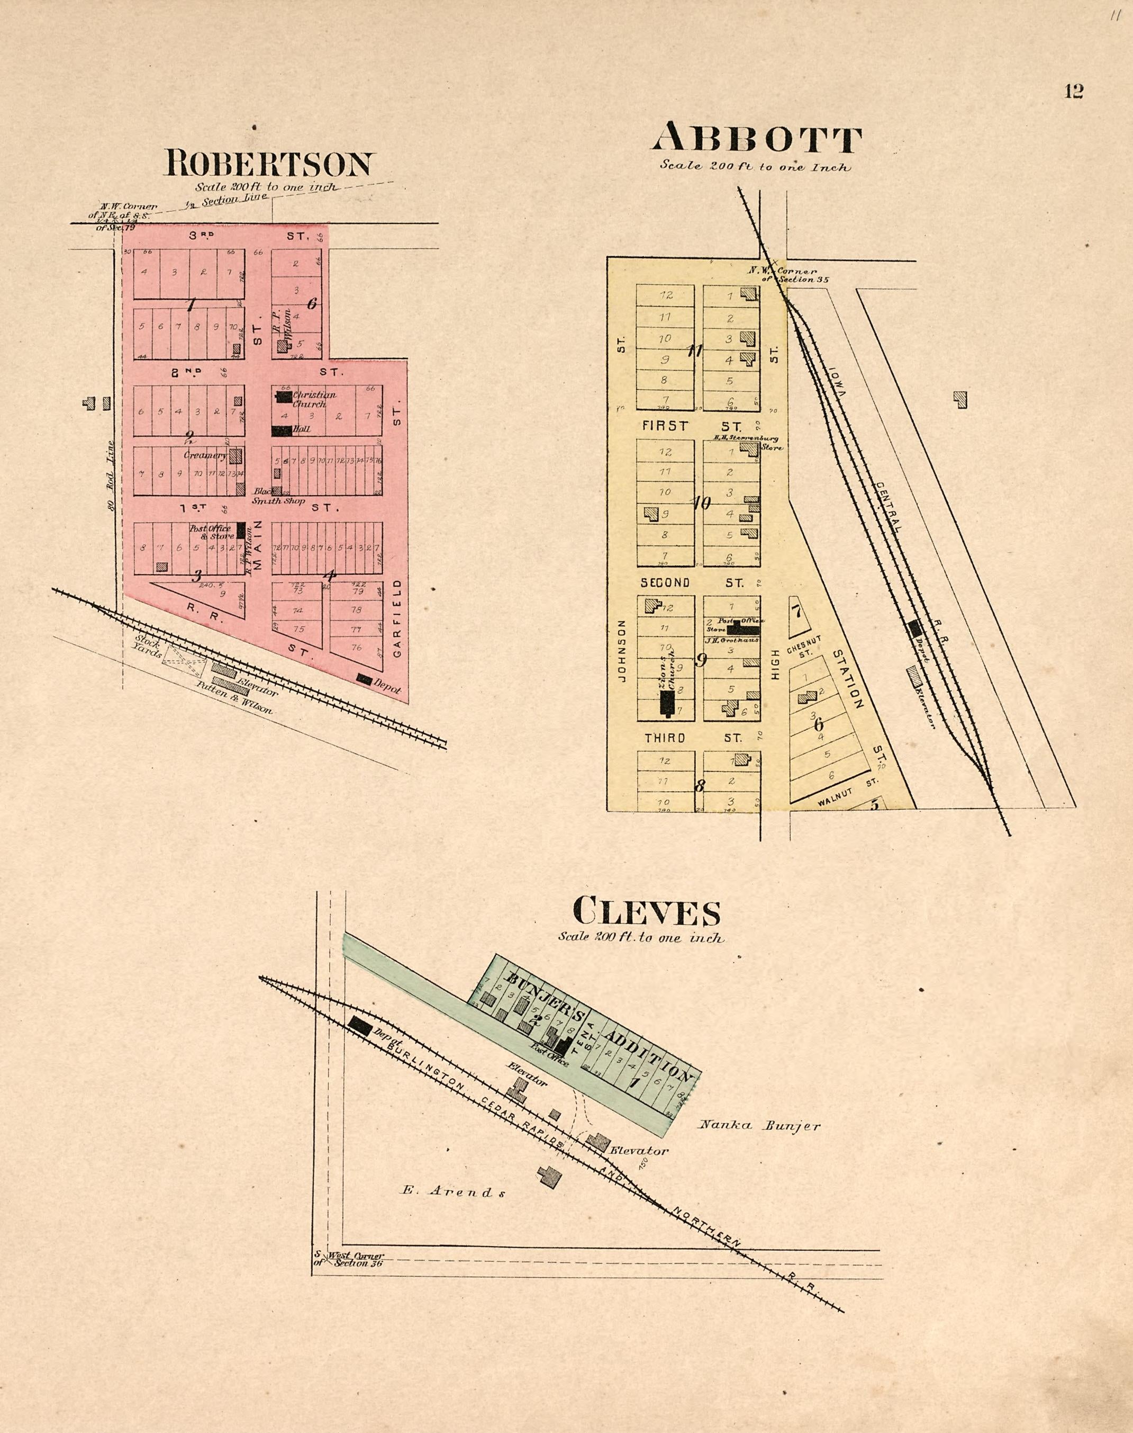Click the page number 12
point(1074,92)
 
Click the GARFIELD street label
point(397,618)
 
